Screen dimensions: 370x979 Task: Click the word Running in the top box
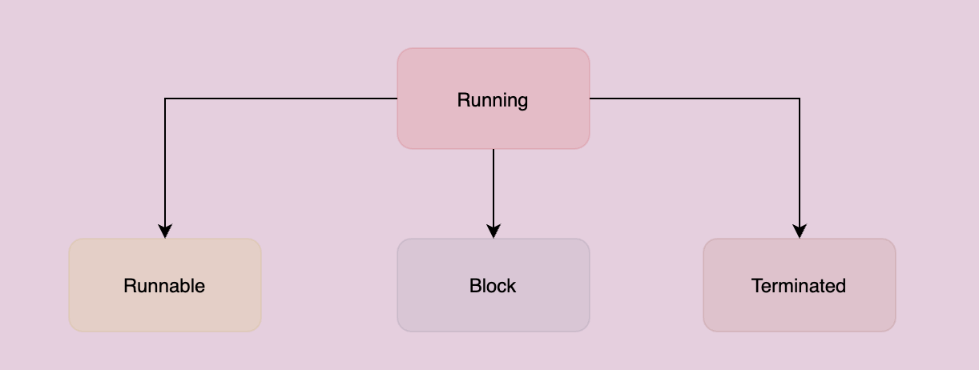[493, 100]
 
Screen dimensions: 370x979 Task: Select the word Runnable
[164, 286]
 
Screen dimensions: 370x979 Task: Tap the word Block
[493, 286]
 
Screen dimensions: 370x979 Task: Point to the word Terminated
[799, 286]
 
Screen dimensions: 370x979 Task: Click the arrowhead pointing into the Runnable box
[165, 231]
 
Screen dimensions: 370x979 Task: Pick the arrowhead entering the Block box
[494, 231]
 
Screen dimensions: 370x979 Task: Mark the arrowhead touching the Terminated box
[800, 231]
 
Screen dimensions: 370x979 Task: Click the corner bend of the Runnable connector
[165, 99]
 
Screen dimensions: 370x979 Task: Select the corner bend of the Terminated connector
[800, 99]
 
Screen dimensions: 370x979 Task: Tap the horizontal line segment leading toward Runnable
[280, 99]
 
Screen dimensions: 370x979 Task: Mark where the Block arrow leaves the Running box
[494, 150]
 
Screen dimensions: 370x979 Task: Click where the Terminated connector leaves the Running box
[590, 99]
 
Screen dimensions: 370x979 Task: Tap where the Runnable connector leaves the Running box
[397, 99]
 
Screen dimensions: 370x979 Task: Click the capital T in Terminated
[756, 286]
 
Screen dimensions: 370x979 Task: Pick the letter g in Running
[522, 102]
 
